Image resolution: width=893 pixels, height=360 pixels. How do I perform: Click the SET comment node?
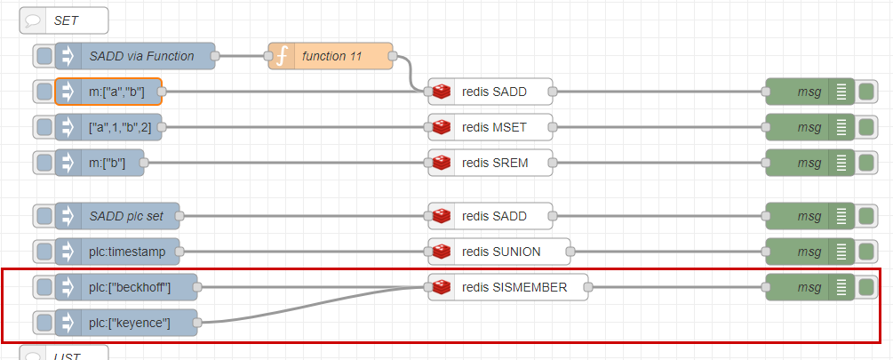(64, 21)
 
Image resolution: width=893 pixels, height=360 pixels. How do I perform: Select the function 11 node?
(331, 56)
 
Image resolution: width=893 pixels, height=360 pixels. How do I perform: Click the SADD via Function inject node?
(135, 56)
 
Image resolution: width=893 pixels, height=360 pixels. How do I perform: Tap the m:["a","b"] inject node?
(108, 92)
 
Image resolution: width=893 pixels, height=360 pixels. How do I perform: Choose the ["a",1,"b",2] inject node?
(108, 127)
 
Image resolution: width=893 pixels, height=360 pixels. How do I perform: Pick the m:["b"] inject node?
(100, 163)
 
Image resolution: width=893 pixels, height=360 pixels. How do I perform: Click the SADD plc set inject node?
(116, 217)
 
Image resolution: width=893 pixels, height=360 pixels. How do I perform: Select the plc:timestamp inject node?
(116, 252)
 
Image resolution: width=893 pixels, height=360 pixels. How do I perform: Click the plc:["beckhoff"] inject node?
(126, 288)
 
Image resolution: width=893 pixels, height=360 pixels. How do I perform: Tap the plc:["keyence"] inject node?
(126, 323)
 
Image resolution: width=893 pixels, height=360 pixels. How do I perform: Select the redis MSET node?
(490, 127)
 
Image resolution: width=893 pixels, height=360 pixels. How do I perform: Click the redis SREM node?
(490, 163)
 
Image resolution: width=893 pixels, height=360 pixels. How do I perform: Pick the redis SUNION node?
(499, 252)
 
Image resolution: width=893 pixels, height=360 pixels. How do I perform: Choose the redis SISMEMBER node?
(508, 288)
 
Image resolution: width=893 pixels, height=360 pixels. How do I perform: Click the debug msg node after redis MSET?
(809, 127)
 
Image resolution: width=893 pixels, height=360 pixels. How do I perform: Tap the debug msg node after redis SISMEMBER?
(809, 288)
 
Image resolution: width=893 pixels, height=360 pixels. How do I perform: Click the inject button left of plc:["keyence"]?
(44, 323)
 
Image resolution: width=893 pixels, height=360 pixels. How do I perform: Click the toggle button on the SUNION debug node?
(865, 252)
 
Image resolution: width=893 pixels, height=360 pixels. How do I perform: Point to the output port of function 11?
(393, 56)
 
